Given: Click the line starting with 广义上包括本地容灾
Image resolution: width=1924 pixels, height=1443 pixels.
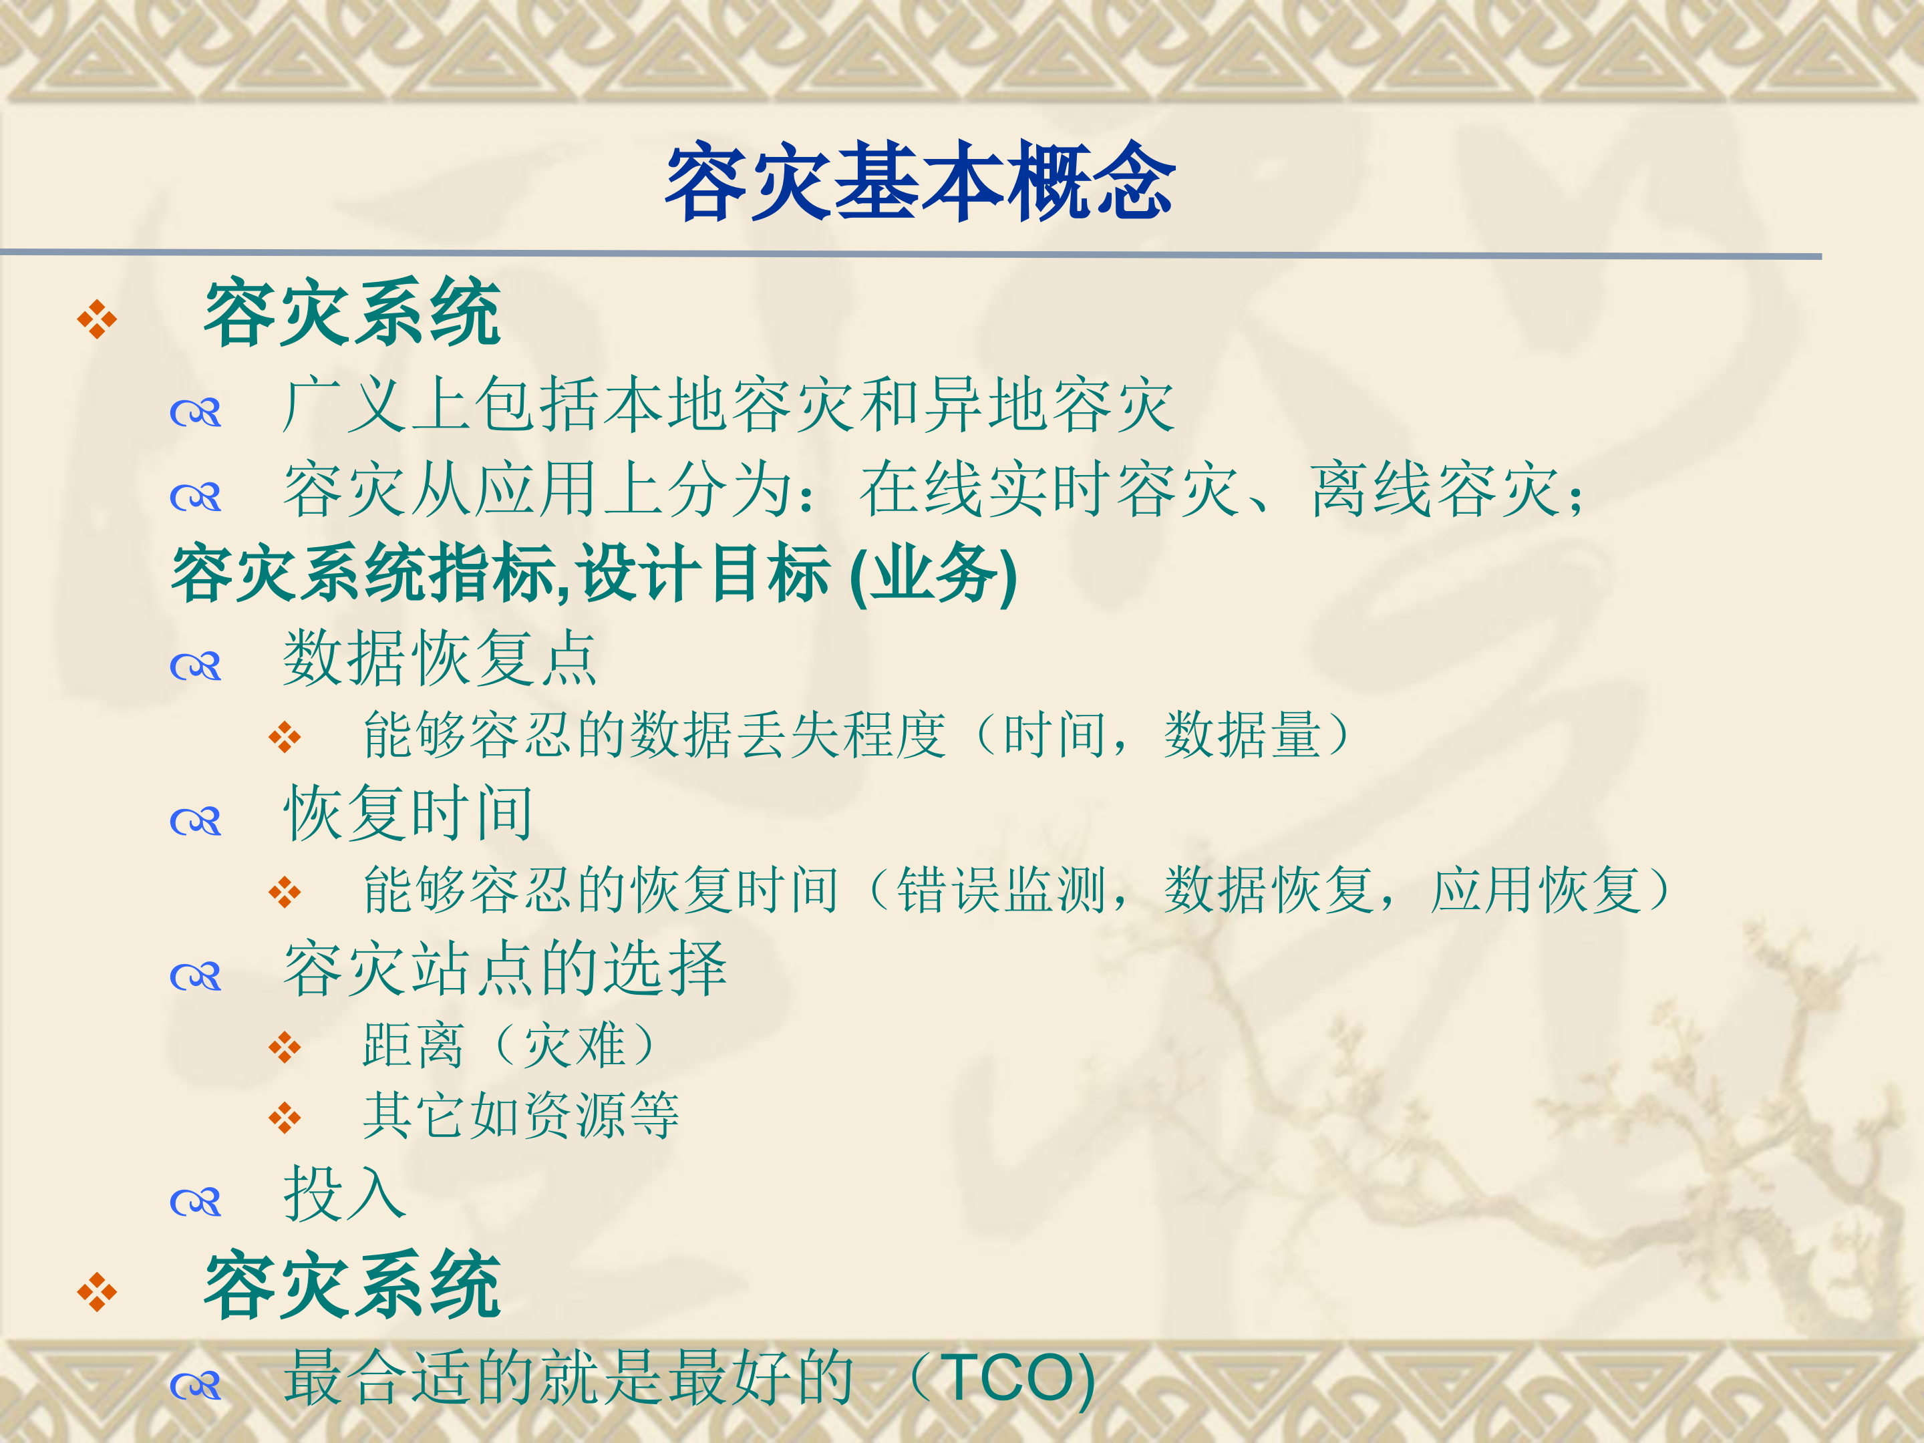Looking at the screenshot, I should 729,406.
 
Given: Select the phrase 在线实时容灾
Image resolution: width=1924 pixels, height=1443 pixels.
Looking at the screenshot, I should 1048,490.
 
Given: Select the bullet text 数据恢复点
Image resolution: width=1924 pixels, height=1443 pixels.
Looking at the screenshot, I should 440,659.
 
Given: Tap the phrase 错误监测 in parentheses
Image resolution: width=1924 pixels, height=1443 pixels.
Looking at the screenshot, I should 1000,891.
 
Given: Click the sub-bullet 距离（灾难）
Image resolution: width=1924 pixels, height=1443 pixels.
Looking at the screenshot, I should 509,1045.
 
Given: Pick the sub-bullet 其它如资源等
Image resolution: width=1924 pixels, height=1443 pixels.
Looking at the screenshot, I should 520,1116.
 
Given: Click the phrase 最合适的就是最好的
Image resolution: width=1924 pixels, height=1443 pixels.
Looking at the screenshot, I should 569,1379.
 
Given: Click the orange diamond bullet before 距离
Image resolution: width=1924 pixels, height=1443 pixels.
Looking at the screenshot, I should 285,1048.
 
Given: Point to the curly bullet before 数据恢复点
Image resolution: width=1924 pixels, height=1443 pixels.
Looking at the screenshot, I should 196,667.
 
